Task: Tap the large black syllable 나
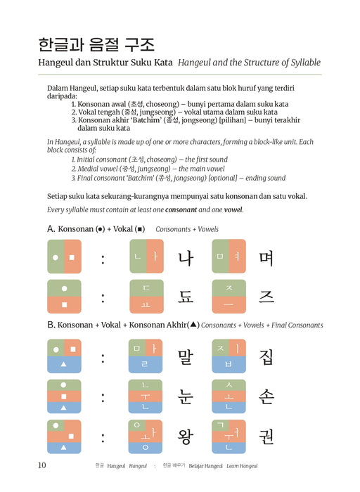point(186,257)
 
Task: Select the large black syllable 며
point(266,257)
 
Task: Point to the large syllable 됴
point(186,297)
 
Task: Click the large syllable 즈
point(266,297)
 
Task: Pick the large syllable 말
point(186,356)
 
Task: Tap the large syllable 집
point(266,356)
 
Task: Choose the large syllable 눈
point(186,396)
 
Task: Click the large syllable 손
point(266,396)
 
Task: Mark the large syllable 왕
point(186,436)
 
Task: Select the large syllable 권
point(266,436)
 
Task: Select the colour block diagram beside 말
point(146,356)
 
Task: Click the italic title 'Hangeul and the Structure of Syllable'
point(249,63)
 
